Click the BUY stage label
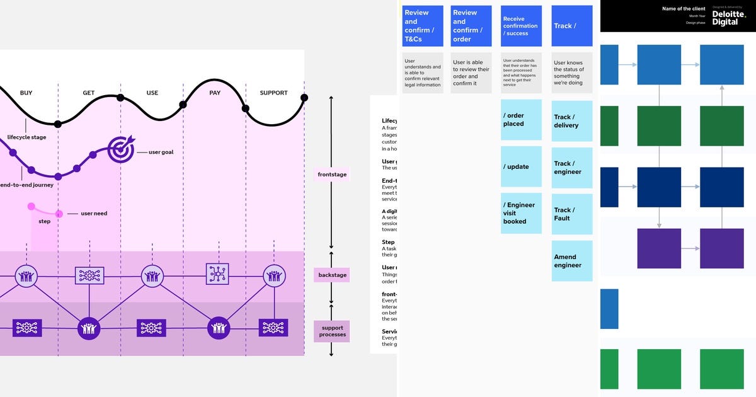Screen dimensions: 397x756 tap(26, 93)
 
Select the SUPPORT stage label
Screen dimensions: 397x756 tap(273, 93)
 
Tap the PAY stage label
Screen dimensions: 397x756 tap(214, 93)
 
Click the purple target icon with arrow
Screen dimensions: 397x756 tap(120, 149)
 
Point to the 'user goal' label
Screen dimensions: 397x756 tap(161, 152)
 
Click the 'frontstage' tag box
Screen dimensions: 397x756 tap(331, 175)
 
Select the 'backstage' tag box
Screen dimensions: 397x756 tap(331, 275)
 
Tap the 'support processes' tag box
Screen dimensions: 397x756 tap(331, 331)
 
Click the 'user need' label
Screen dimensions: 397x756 tap(94, 214)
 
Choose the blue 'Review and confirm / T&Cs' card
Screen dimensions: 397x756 tap(422, 26)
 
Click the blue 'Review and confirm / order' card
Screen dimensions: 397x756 tap(471, 26)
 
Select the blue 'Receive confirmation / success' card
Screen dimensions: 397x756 tap(521, 26)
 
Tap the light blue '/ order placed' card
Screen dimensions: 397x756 tap(521, 120)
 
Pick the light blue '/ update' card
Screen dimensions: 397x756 tap(521, 167)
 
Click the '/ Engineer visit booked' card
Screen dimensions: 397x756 tap(521, 214)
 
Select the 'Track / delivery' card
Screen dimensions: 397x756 tap(572, 121)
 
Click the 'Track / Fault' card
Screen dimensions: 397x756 tap(572, 214)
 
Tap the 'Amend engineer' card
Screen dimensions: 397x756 tap(572, 261)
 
